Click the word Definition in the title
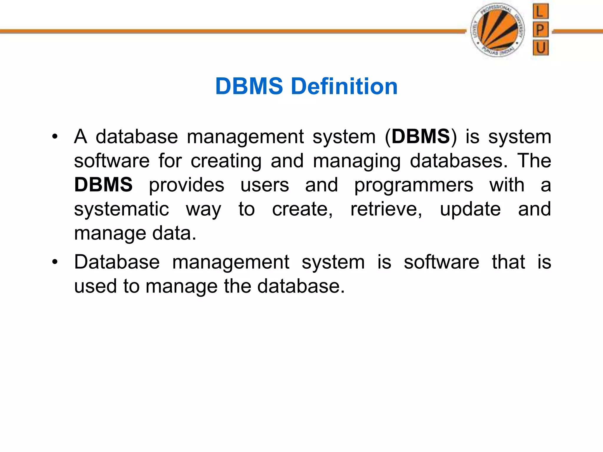pyautogui.click(x=344, y=87)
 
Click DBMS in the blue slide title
pyautogui.click(x=249, y=87)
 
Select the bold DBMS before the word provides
pyautogui.click(x=103, y=185)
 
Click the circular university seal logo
pyautogui.click(x=498, y=30)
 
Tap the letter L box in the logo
pyautogui.click(x=541, y=12)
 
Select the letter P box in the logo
pyautogui.click(x=541, y=29)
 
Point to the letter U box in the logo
pyautogui.click(x=541, y=48)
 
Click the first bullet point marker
pyautogui.click(x=55, y=137)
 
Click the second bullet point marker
pyautogui.click(x=55, y=262)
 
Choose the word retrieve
pyautogui.click(x=386, y=209)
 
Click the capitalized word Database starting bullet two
pyautogui.click(x=117, y=262)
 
